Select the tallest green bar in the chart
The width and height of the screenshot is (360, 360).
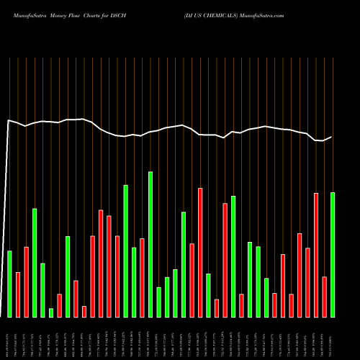click(150, 244)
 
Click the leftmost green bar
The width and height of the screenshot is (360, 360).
click(9, 284)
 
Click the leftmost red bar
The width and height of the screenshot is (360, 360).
click(18, 294)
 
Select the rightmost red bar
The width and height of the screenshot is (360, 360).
click(324, 297)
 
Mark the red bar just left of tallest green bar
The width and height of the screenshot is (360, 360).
click(142, 277)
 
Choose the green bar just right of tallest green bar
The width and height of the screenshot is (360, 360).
click(158, 302)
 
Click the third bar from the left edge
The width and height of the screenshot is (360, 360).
click(26, 282)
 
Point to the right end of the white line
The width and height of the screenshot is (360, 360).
click(332, 137)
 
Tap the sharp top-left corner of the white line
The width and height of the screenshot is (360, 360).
click(9, 120)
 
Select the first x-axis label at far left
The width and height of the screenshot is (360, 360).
click(9, 338)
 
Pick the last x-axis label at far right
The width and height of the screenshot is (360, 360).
click(333, 338)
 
